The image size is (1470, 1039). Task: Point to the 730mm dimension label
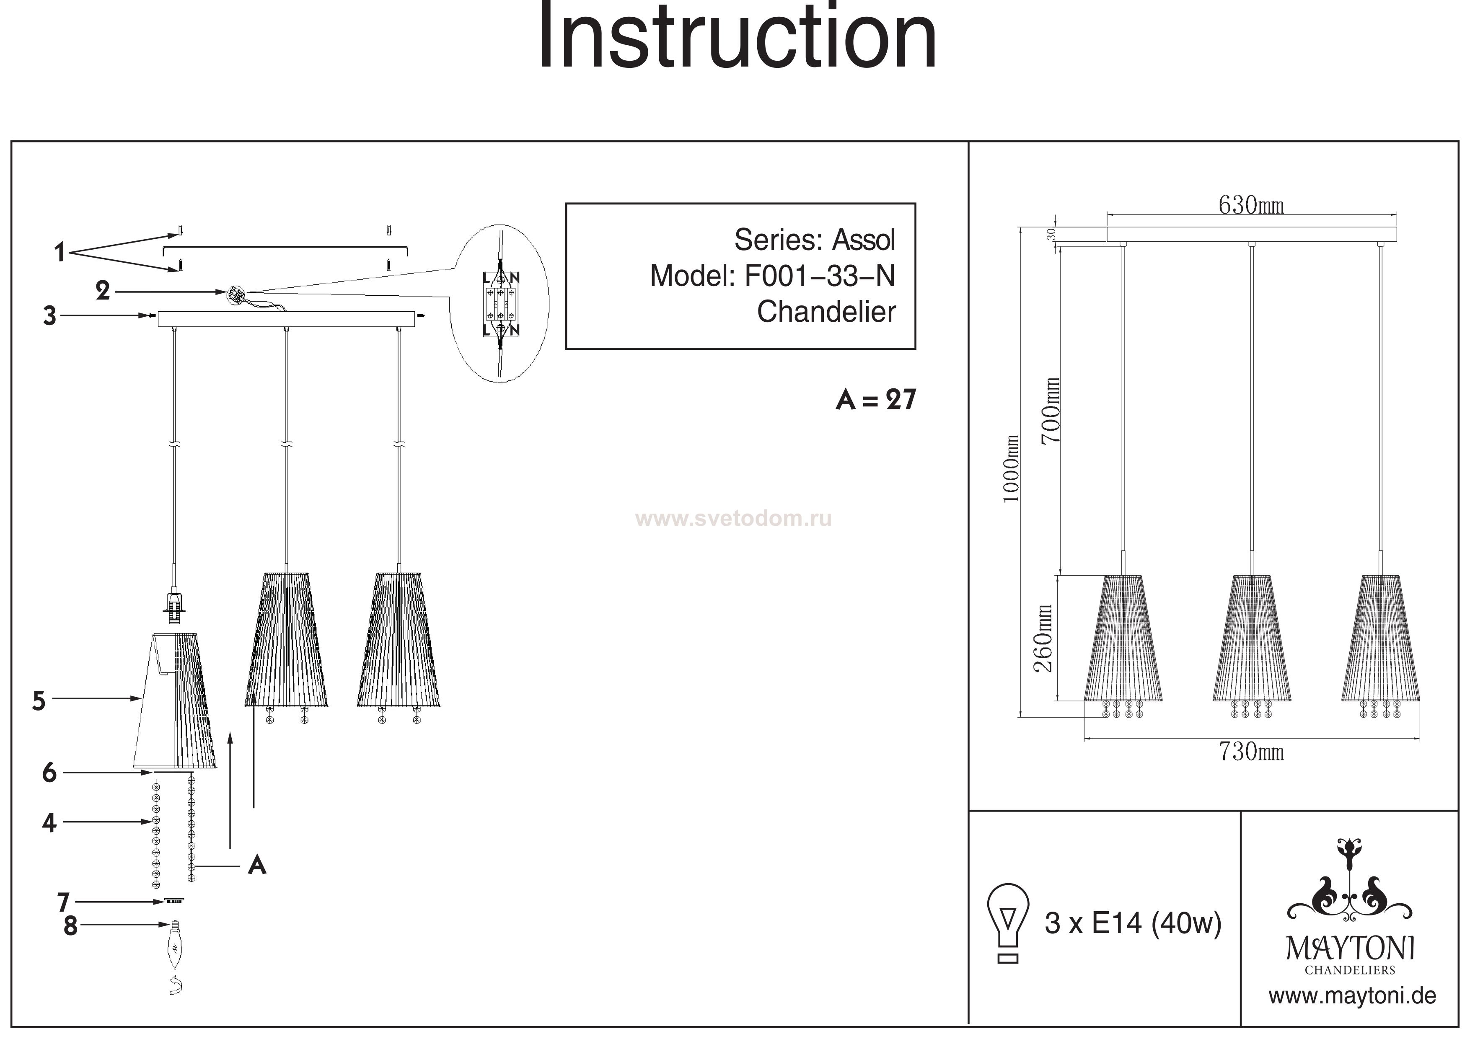(x=1251, y=752)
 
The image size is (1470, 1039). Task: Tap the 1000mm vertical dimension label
(x=1011, y=469)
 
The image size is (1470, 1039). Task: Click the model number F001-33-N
(x=820, y=276)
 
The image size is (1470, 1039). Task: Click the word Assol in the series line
(x=863, y=240)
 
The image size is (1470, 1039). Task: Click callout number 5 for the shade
(x=39, y=701)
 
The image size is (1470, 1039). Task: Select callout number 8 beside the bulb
(x=70, y=926)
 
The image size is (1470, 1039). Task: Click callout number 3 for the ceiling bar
(x=50, y=315)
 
